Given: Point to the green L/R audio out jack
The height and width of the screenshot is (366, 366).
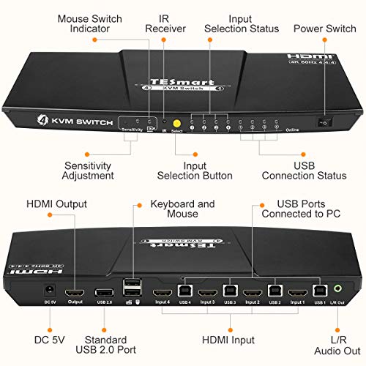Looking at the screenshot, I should [336, 291].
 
